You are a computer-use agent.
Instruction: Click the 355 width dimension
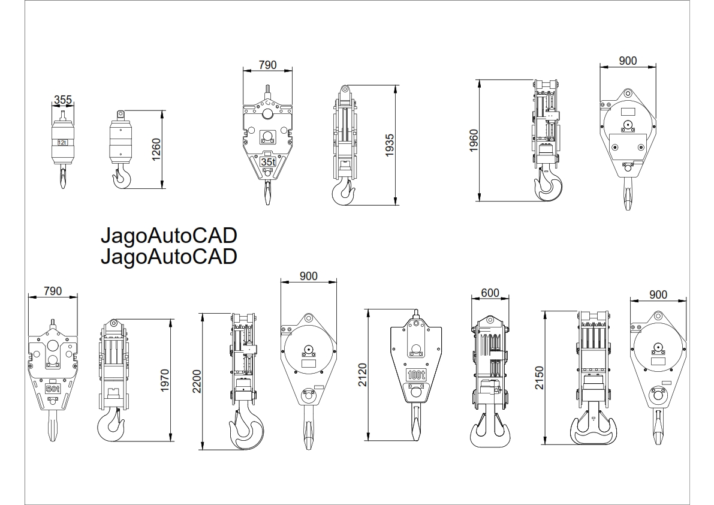63,100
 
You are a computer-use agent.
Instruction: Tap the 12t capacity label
62,143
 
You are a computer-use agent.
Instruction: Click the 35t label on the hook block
267,162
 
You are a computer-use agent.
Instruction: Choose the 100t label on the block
416,375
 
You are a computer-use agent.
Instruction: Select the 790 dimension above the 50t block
53,291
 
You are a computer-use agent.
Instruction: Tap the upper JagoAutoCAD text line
168,236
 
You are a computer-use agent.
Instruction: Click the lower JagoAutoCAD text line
168,256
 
